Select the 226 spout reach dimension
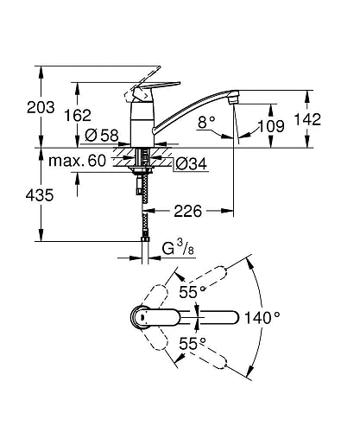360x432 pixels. [194, 207]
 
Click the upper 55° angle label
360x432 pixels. [193, 292]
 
